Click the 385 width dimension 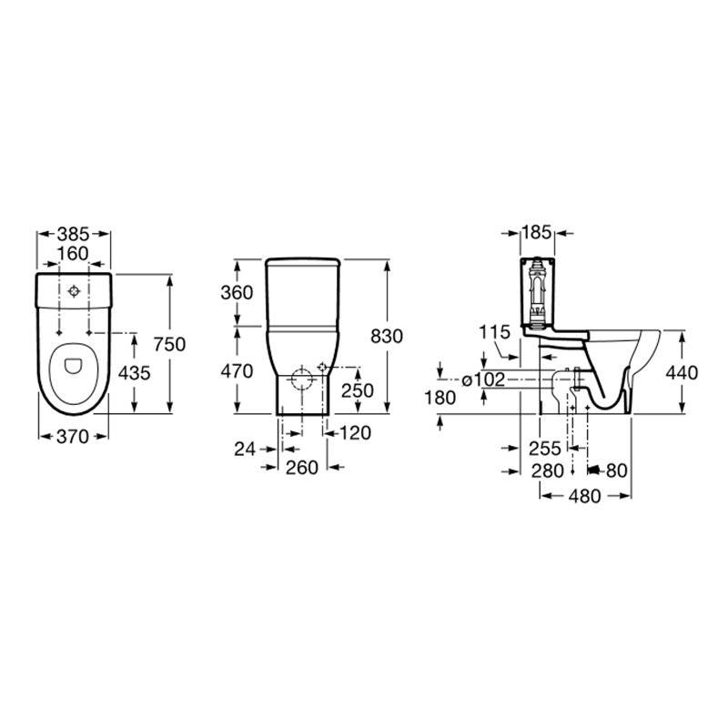[74, 234]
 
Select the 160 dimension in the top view [73, 254]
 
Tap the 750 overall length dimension [169, 344]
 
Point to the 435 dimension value [134, 373]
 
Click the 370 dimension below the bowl [73, 437]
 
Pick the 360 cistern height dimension [237, 292]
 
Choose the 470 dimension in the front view [237, 371]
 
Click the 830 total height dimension [386, 336]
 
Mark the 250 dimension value [358, 391]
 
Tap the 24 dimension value [245, 449]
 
